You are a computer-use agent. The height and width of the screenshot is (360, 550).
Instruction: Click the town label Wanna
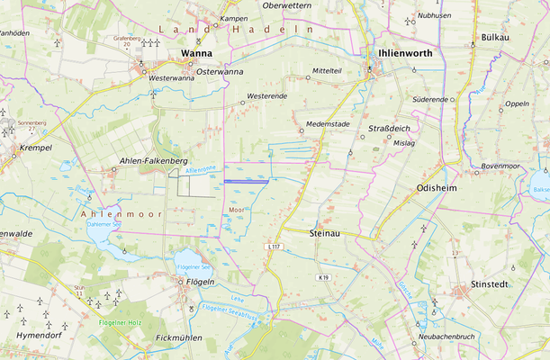pos(196,53)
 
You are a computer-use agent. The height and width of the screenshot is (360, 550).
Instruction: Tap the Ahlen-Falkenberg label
pos(152,160)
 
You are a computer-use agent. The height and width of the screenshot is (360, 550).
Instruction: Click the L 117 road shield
pos(275,247)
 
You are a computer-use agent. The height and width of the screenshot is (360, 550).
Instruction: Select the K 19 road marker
pos(323,277)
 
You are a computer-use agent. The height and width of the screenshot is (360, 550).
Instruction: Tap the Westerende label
pos(266,95)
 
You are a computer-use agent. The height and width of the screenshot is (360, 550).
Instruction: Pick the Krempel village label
pos(35,147)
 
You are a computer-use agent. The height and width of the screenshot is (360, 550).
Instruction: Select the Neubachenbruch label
pos(439,337)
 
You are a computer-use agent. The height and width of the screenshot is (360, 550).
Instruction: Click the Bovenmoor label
pos(502,166)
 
